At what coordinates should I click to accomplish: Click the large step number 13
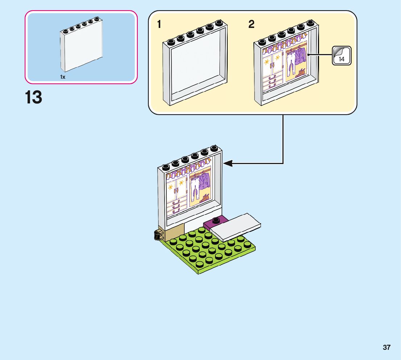tap(33, 98)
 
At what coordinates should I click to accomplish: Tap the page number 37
tap(386, 347)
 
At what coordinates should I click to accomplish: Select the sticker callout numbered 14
tap(342, 56)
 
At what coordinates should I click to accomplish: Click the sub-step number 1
tap(159, 25)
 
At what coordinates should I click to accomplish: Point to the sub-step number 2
tap(251, 25)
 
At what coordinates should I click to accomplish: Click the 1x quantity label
tap(63, 77)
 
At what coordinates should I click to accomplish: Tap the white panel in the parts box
tap(81, 47)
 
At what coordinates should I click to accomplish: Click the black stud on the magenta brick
tap(216, 220)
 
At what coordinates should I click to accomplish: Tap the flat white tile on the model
tap(236, 226)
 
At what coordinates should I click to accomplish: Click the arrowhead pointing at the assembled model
tap(228, 163)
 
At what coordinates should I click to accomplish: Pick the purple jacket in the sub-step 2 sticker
tap(300, 57)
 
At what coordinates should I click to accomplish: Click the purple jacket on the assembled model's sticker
tap(204, 180)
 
